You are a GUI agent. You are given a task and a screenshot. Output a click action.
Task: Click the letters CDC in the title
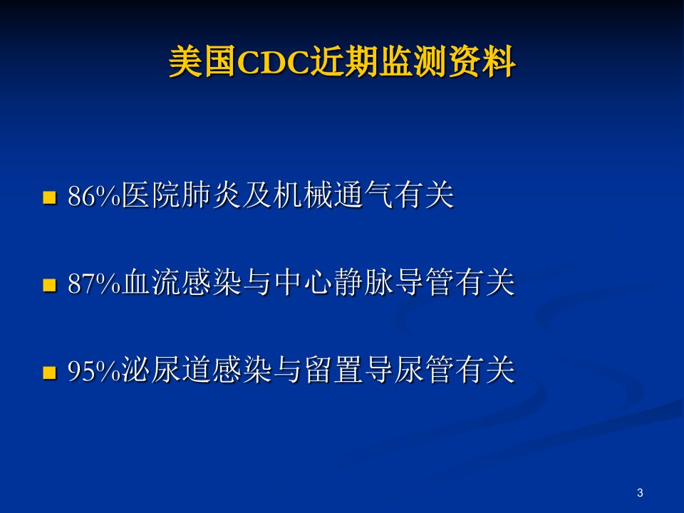(x=273, y=63)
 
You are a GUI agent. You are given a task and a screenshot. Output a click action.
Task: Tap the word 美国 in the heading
(x=202, y=62)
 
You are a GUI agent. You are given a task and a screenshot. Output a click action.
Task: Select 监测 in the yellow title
(x=413, y=62)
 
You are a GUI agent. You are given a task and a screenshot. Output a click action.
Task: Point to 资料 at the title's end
(x=482, y=62)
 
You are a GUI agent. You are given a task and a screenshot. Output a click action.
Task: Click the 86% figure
(x=94, y=196)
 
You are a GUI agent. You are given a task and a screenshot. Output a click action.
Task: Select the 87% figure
(x=94, y=284)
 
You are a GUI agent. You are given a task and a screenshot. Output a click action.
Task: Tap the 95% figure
(x=94, y=371)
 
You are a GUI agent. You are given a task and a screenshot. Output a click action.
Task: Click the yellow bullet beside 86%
(x=50, y=197)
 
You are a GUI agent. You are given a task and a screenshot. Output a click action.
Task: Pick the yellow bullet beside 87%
(x=50, y=285)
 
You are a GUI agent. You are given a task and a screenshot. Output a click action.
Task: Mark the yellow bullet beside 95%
(x=50, y=373)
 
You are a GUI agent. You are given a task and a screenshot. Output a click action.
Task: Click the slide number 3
(x=640, y=493)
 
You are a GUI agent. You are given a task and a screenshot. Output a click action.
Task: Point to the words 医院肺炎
(x=181, y=195)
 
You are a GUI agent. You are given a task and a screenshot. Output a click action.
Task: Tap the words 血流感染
(x=181, y=283)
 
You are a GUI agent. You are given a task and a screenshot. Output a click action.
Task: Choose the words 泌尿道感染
(x=197, y=370)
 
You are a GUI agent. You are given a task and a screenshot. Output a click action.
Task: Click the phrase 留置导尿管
(x=378, y=370)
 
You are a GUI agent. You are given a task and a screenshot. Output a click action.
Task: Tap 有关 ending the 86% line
(x=424, y=195)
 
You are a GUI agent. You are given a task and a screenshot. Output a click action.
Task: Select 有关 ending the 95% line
(x=485, y=370)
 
